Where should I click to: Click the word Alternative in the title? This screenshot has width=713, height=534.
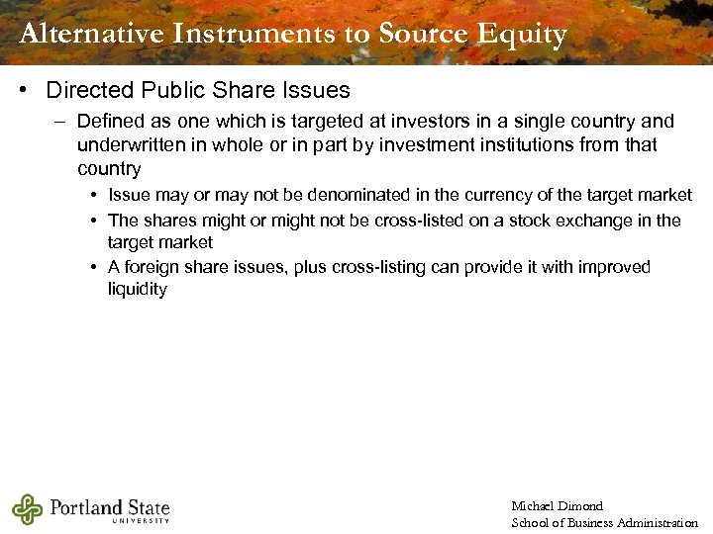pyautogui.click(x=90, y=34)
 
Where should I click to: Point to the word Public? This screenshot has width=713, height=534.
pyautogui.click(x=171, y=90)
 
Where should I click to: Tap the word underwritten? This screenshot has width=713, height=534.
pyautogui.click(x=129, y=145)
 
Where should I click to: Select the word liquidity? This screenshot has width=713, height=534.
pyautogui.click(x=138, y=291)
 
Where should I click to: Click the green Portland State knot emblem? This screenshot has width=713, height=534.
pyautogui.click(x=27, y=509)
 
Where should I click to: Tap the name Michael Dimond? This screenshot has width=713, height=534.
pyautogui.click(x=557, y=506)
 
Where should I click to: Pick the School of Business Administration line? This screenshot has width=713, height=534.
pyautogui.click(x=604, y=522)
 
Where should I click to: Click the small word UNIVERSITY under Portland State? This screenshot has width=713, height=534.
pyautogui.click(x=141, y=521)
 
